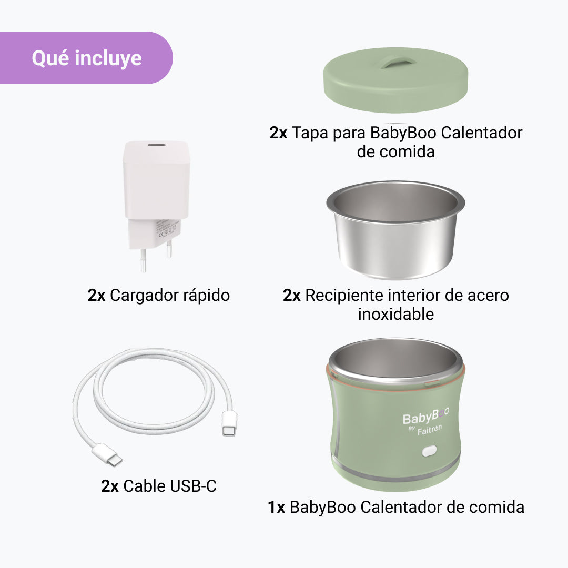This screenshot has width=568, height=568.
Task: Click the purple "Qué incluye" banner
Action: coord(86,58)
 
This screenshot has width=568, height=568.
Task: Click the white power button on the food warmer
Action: coord(429,451)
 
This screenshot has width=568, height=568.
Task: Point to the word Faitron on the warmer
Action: coord(430,430)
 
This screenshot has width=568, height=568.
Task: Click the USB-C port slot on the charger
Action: coord(157,145)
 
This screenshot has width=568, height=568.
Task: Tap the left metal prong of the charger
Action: coord(144,260)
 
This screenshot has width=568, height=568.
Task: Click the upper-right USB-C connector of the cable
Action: coord(230,423)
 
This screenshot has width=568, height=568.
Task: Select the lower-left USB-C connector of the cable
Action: coord(107,454)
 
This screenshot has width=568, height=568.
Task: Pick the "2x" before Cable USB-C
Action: coord(110,486)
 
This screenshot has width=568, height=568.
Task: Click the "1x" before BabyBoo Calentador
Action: coord(276,508)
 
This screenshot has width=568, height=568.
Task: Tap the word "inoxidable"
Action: coord(396,314)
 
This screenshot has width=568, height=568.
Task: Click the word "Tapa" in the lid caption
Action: coord(310,133)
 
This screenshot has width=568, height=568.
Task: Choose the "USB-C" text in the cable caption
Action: coord(193,486)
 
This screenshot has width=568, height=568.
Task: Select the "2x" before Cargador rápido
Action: coord(96,296)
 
